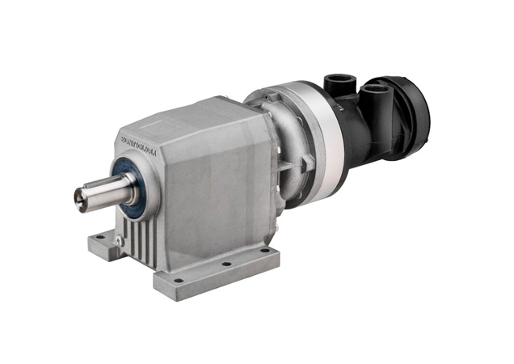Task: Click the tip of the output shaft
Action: click(81, 196)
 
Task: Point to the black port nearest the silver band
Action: click(336, 84)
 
